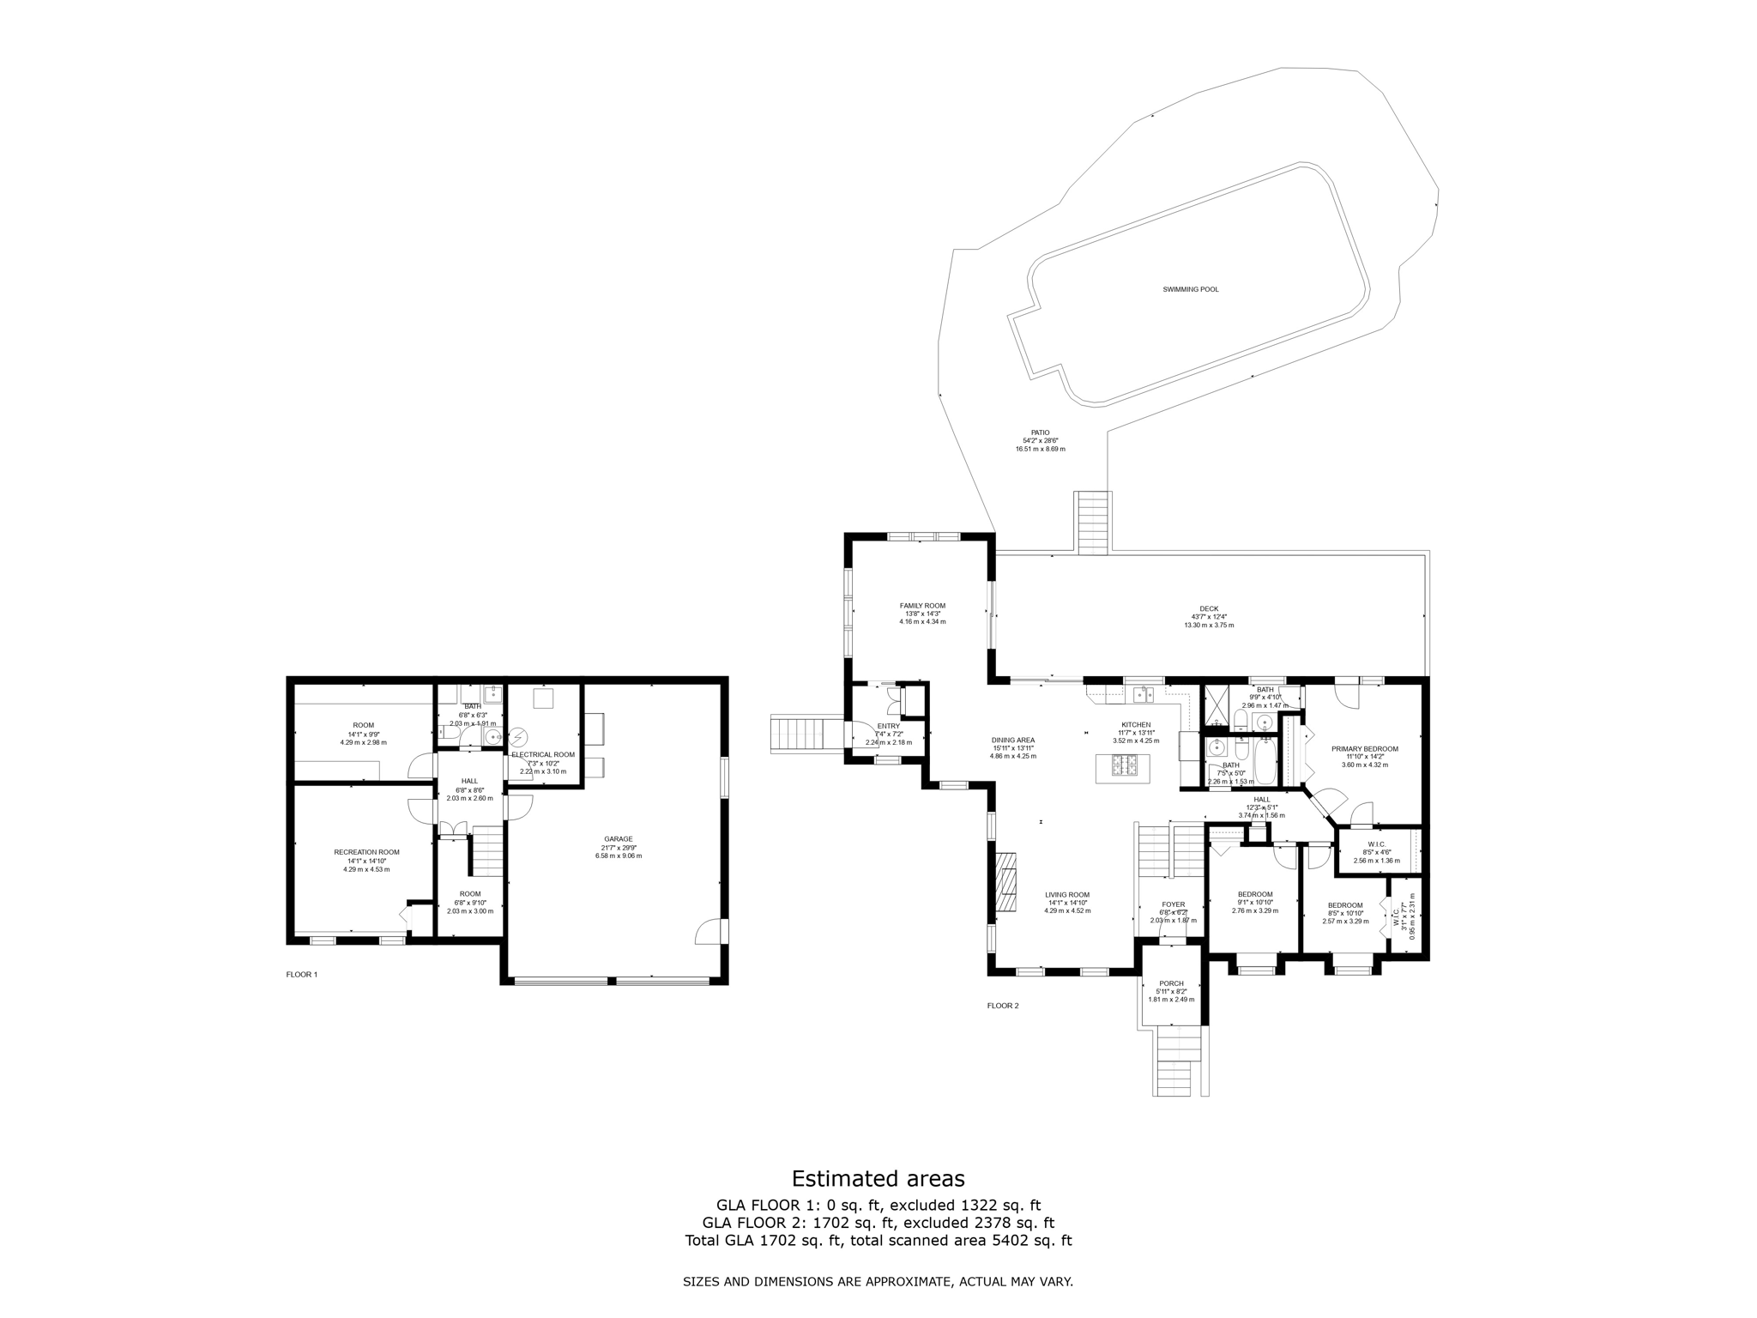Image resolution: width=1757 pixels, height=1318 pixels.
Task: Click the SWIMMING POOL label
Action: pyautogui.click(x=1190, y=290)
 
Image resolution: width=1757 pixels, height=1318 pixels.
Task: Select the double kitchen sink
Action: pyautogui.click(x=1143, y=694)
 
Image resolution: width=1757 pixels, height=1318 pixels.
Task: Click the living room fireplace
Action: pyautogui.click(x=1005, y=884)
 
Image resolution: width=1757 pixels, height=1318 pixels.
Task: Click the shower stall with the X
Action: pyautogui.click(x=1215, y=704)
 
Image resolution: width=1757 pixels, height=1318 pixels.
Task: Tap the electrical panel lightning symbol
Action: pyautogui.click(x=519, y=738)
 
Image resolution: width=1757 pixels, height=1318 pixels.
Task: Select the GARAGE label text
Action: pyautogui.click(x=618, y=839)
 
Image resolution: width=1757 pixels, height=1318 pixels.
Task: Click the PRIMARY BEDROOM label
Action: pyautogui.click(x=1364, y=749)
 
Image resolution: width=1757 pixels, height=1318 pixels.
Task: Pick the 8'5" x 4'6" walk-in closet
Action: pyautogui.click(x=1376, y=852)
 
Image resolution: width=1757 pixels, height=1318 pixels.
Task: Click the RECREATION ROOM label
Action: pyautogui.click(x=366, y=852)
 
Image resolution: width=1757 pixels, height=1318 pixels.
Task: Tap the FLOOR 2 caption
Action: pyautogui.click(x=1003, y=1006)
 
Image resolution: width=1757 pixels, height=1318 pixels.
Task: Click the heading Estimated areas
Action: pyautogui.click(x=878, y=1178)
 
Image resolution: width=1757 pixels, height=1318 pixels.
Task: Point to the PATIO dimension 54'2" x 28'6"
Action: pyautogui.click(x=1040, y=441)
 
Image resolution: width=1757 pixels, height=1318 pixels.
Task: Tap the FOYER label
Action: pyautogui.click(x=1173, y=904)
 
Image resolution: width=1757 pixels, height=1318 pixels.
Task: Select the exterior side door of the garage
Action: pyautogui.click(x=711, y=932)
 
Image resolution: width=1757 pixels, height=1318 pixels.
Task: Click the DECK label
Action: pyautogui.click(x=1209, y=608)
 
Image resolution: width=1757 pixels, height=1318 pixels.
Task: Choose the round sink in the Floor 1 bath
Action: pyautogui.click(x=493, y=736)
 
